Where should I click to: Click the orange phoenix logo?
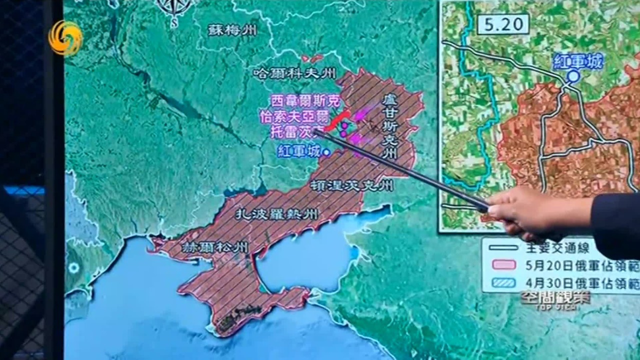coord(65,38)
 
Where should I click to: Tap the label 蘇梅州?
coord(232,30)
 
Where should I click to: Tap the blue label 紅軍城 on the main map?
coord(298,151)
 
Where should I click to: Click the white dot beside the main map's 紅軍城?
coord(326,152)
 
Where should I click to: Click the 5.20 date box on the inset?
coord(502,24)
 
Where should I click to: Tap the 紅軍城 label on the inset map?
coord(578,61)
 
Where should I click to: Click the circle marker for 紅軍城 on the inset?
coord(573,76)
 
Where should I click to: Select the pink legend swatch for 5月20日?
coord(504,264)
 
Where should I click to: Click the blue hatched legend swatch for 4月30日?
coord(504,282)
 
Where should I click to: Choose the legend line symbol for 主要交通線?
coord(504,247)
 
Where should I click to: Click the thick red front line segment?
coord(338,120)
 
